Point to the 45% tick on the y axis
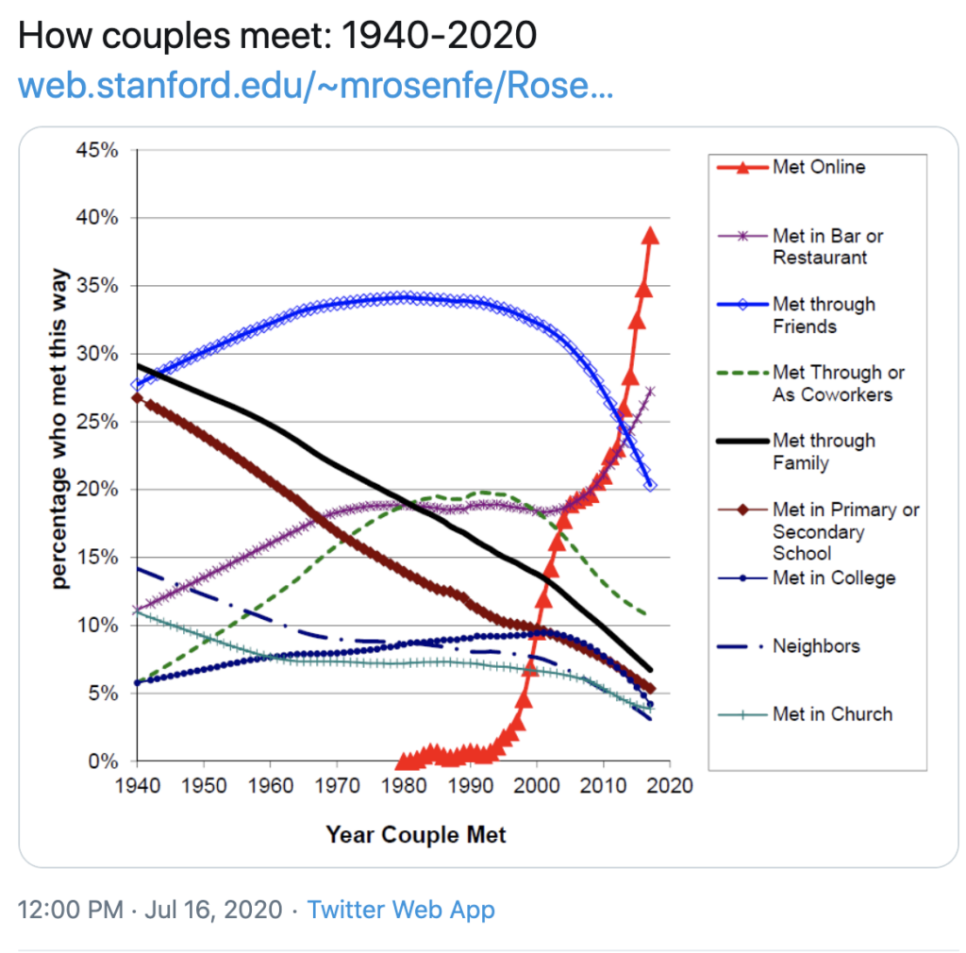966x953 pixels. point(98,150)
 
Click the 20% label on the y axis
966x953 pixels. point(98,490)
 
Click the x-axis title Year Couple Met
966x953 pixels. point(416,835)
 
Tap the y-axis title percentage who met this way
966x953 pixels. point(59,455)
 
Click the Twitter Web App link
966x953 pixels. point(401,910)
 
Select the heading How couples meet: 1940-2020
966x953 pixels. point(277,36)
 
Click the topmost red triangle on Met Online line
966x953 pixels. point(650,236)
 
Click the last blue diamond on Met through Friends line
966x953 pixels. point(650,485)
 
